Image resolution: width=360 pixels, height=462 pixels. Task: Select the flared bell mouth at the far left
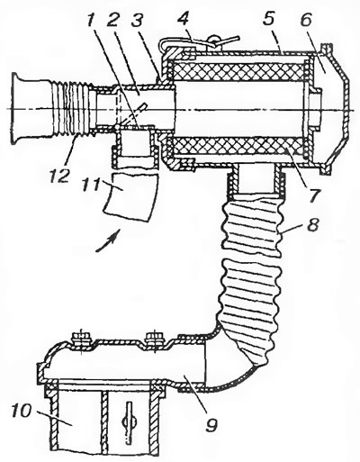(x=18, y=108)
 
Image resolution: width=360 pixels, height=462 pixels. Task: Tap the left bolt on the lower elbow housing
(x=80, y=339)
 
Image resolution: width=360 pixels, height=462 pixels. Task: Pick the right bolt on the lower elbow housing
(x=154, y=339)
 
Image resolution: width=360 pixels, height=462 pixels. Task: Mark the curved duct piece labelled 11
(x=130, y=197)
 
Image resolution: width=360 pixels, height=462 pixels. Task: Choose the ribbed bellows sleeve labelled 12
(x=69, y=108)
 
